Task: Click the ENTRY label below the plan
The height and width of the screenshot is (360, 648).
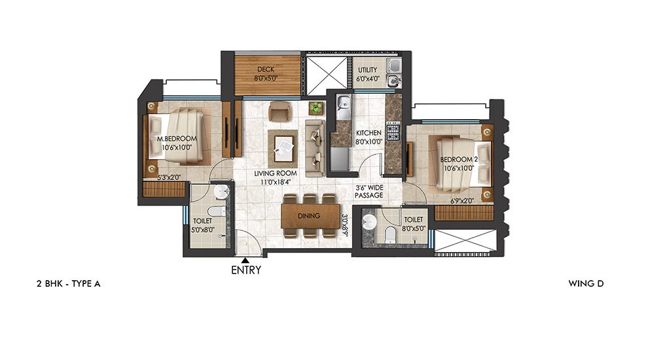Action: coord(246,270)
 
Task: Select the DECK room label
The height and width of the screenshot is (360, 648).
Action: coord(264,69)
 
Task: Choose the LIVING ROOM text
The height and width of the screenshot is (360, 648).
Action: coord(276,173)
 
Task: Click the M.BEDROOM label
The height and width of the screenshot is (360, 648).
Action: coord(177,139)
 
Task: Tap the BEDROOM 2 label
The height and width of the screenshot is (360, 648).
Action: coord(456,160)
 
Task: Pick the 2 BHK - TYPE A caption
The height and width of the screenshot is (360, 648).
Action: coord(68,284)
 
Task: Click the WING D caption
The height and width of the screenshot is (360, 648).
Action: coord(586,284)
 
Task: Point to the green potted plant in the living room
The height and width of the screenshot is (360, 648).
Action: coord(317,107)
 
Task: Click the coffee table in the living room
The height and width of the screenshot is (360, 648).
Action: coord(283,145)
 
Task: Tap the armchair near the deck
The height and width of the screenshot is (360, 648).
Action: coord(279,111)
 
